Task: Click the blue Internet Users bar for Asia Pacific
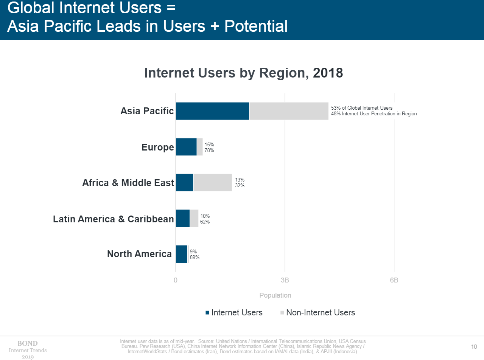tap(212, 111)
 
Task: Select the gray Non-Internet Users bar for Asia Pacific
tap(289, 111)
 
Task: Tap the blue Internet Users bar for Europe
tap(186, 147)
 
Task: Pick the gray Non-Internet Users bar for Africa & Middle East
tap(213, 183)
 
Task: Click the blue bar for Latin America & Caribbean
tap(183, 219)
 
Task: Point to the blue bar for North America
tap(182, 254)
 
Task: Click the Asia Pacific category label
tap(147, 111)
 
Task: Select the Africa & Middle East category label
tap(128, 183)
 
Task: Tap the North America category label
tap(139, 254)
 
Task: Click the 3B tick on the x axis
tap(285, 281)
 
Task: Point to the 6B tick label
tap(394, 281)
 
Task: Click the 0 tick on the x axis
tap(176, 281)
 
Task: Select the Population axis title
tap(275, 295)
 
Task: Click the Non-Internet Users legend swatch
tap(282, 313)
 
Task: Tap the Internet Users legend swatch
tap(207, 313)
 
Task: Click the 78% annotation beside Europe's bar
tap(209, 150)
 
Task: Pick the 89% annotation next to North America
tap(195, 258)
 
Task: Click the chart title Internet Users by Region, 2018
tap(244, 73)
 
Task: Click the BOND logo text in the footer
tap(28, 343)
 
